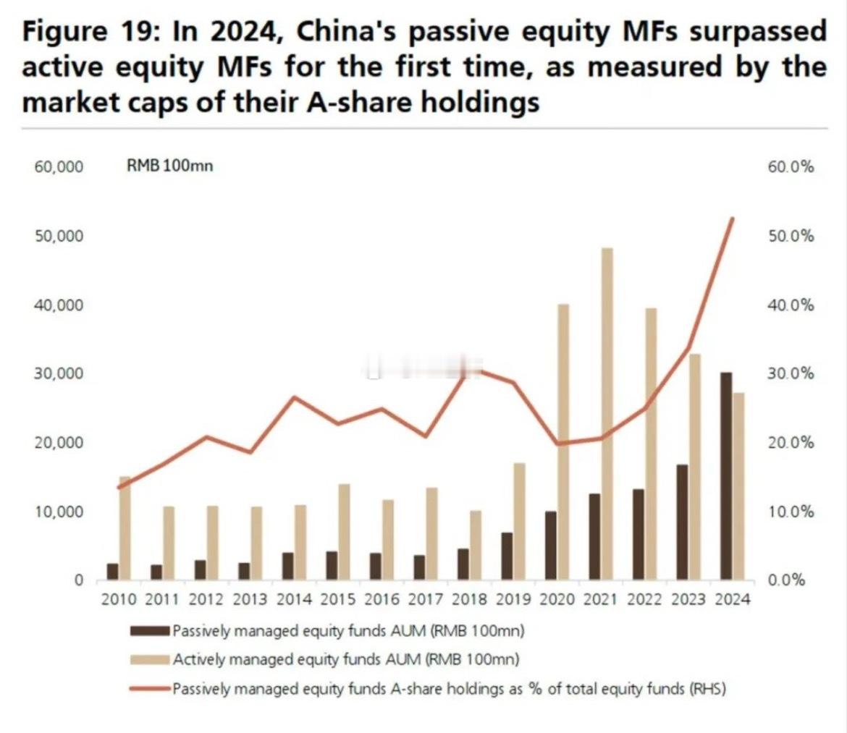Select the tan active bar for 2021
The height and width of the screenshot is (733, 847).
[x=607, y=414]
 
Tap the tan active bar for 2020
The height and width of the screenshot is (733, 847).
[x=562, y=442]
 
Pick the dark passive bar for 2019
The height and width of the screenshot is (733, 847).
[x=507, y=556]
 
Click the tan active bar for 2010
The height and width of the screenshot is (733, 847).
[x=125, y=528]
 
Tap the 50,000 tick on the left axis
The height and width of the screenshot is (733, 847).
[x=58, y=236]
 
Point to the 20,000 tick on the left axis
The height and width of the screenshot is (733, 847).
[x=58, y=443]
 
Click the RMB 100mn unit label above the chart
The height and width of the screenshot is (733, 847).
[x=169, y=166]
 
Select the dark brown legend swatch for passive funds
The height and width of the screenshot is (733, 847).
[x=150, y=630]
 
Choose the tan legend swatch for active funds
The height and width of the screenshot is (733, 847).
[x=150, y=659]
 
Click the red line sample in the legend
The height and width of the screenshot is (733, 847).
[x=150, y=688]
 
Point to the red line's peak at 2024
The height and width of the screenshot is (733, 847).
[x=733, y=219]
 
